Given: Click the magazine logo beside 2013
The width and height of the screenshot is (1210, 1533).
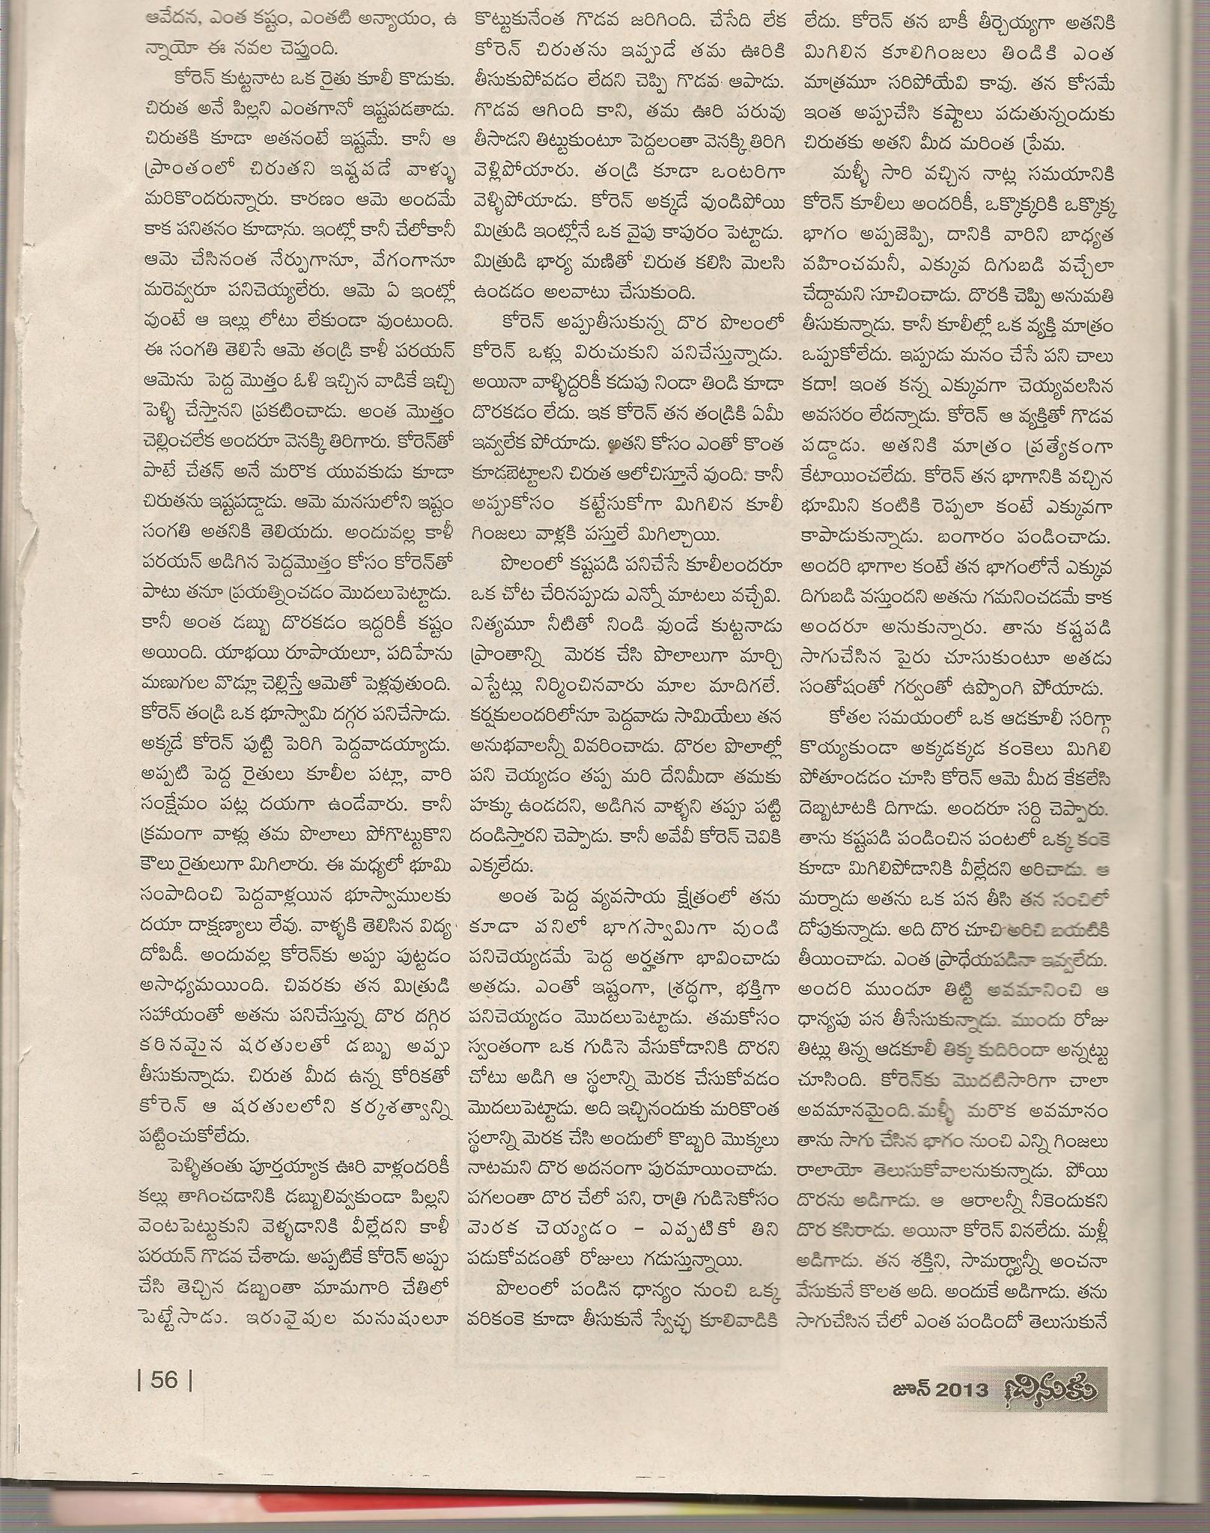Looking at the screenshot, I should click(x=1047, y=1408).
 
